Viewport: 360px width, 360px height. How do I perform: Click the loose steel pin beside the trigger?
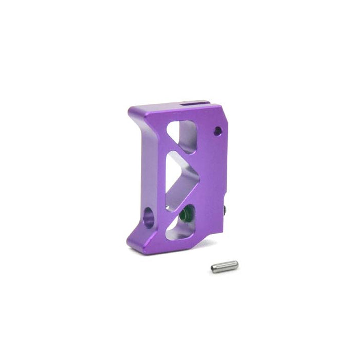[x=224, y=266]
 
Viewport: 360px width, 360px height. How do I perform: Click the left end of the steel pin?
[x=213, y=268]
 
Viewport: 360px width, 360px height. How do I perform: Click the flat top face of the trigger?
[x=170, y=109]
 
